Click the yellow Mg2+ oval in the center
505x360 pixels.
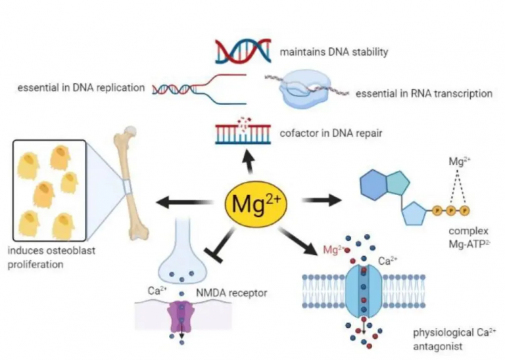(x=256, y=203)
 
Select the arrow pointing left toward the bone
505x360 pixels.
(x=185, y=203)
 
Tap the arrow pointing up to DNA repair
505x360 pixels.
(x=249, y=161)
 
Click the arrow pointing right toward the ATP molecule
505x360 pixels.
(x=322, y=200)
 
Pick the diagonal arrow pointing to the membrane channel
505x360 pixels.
(x=297, y=241)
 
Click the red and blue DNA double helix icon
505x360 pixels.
(x=243, y=51)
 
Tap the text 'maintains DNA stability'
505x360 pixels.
(x=334, y=52)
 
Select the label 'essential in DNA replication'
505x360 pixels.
(x=81, y=87)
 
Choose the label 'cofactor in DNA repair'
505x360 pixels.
(x=331, y=133)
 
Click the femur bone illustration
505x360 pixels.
(x=131, y=183)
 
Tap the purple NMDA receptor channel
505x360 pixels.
(x=181, y=316)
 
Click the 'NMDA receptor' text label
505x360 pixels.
(x=231, y=293)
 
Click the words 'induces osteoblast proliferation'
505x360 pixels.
(x=51, y=258)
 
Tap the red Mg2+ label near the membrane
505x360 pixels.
(x=334, y=250)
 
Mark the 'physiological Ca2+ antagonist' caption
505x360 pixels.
(x=455, y=339)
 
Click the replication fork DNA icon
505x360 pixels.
(x=199, y=89)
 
